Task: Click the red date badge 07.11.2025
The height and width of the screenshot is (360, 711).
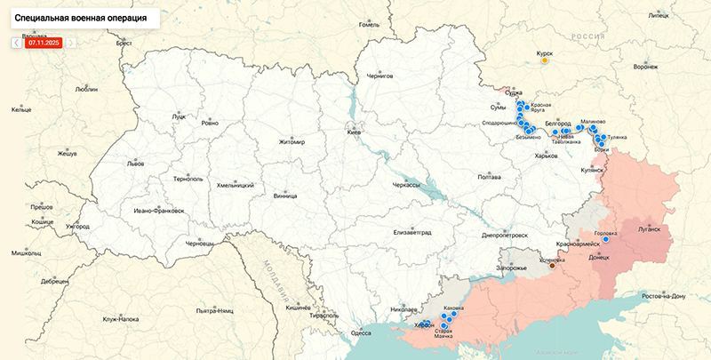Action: tap(43, 42)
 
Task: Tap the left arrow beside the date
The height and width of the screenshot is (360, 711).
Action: tap(16, 42)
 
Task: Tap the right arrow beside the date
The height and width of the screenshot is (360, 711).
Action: tap(70, 42)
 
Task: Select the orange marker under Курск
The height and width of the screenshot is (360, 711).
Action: tap(545, 61)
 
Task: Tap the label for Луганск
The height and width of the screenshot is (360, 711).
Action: tap(649, 228)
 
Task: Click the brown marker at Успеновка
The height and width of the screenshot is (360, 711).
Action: tap(552, 264)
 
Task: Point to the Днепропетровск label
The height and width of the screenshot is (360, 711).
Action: tap(504, 236)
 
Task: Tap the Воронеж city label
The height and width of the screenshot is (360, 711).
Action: tap(645, 68)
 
